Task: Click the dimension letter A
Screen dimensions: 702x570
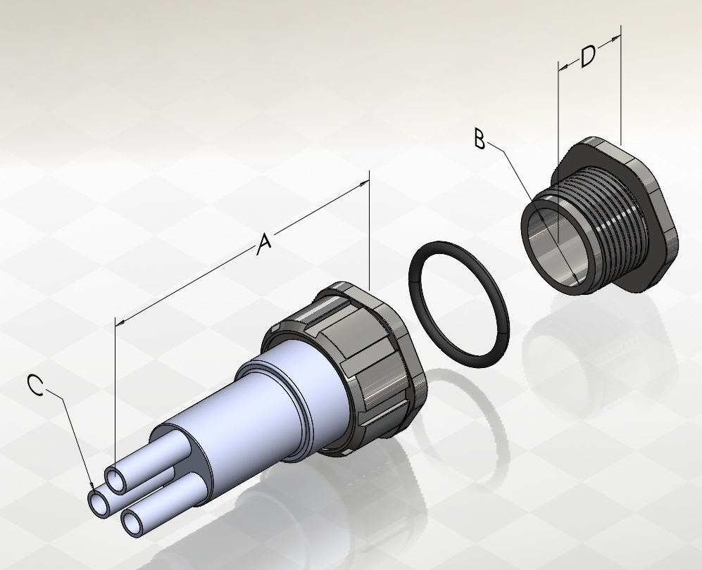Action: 265,244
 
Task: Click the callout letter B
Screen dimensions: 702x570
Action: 480,139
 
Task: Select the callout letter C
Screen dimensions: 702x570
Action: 35,385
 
